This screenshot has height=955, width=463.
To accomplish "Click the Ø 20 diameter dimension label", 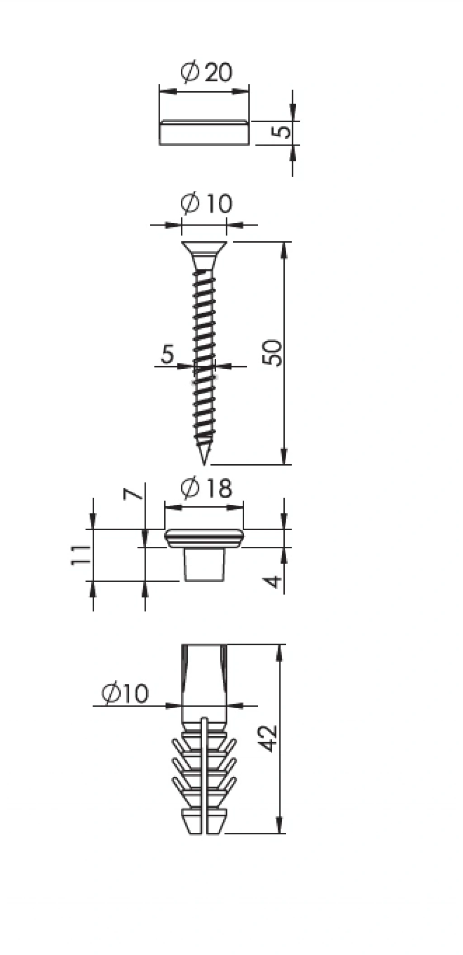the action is coord(206,72).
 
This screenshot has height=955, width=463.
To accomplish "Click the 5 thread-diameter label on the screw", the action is coord(167,354).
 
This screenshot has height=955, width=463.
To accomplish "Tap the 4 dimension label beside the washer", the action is coord(274,581).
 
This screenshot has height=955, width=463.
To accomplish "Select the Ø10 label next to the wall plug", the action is coord(125,694).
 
